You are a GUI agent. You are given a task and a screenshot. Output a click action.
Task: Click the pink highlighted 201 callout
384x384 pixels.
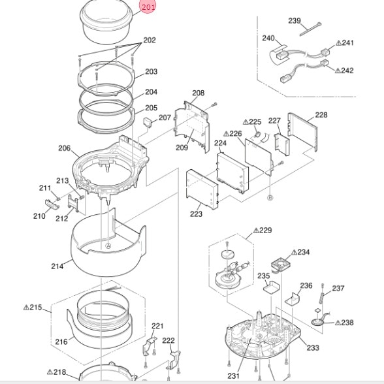[148, 7]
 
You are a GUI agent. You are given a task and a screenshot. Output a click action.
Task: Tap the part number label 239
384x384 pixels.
[295, 21]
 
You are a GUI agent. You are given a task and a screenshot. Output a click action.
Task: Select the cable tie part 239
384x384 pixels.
[311, 29]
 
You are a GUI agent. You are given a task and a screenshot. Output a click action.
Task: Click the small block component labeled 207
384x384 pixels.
[148, 122]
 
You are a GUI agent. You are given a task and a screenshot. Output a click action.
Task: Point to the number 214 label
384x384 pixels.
[57, 266]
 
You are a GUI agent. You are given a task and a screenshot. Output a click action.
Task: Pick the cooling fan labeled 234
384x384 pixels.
[280, 264]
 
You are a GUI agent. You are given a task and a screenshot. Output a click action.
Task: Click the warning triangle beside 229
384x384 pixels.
[256, 231]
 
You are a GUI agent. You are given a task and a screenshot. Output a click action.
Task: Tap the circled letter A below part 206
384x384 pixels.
[108, 246]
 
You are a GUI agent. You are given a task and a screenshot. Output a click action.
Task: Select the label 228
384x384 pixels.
[321, 115]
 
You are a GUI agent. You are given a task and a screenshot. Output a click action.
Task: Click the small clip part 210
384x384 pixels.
[52, 205]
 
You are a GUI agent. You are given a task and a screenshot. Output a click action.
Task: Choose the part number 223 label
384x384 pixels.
[196, 214]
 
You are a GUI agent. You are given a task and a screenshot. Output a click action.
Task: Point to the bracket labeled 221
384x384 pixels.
[150, 346]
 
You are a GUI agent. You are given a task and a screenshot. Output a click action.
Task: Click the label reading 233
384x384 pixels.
[313, 347]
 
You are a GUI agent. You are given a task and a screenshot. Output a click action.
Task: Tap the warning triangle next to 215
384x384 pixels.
[26, 308]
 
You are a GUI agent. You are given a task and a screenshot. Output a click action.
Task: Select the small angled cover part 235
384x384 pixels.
[272, 287]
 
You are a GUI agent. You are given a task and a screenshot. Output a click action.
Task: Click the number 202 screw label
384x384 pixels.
[150, 40]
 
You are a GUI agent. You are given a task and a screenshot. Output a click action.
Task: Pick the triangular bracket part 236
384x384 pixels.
[293, 299]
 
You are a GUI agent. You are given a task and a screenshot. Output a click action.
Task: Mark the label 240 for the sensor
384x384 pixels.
[268, 38]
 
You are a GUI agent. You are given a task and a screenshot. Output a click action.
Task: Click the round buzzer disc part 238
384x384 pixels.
[318, 322]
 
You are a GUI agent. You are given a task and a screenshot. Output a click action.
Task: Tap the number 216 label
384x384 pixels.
[61, 342]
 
